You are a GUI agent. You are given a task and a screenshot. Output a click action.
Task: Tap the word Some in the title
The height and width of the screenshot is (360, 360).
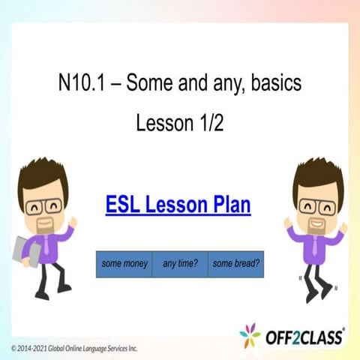click(148, 82)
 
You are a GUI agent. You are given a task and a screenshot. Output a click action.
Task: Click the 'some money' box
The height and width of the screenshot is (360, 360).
click(124, 264)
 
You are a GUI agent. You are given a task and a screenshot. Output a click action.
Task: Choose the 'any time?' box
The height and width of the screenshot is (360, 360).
click(180, 264)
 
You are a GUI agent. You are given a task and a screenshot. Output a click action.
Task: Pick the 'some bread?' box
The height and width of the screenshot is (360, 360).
click(235, 264)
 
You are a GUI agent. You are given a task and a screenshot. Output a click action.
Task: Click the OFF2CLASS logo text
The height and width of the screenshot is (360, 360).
click(304, 337)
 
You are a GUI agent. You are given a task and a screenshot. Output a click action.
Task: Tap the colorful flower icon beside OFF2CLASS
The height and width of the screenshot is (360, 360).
click(250, 335)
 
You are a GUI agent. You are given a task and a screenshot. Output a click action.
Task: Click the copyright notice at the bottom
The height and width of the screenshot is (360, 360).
click(75, 349)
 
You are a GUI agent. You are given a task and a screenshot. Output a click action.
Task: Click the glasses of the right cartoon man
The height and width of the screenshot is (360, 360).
click(316, 204)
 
